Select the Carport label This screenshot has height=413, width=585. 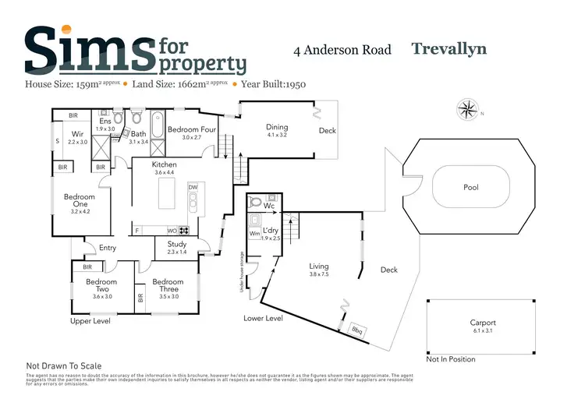482,323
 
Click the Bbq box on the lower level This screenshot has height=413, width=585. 357,330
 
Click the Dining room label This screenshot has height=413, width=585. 277,127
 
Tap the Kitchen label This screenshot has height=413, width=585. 165,164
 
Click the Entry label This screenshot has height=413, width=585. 107,249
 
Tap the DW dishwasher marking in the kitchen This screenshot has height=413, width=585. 192,187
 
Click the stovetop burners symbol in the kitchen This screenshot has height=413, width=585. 184,230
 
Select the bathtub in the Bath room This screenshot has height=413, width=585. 156,125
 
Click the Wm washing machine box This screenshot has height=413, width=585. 254,233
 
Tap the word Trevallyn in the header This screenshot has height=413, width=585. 448,48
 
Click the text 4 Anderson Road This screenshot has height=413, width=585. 339,51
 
